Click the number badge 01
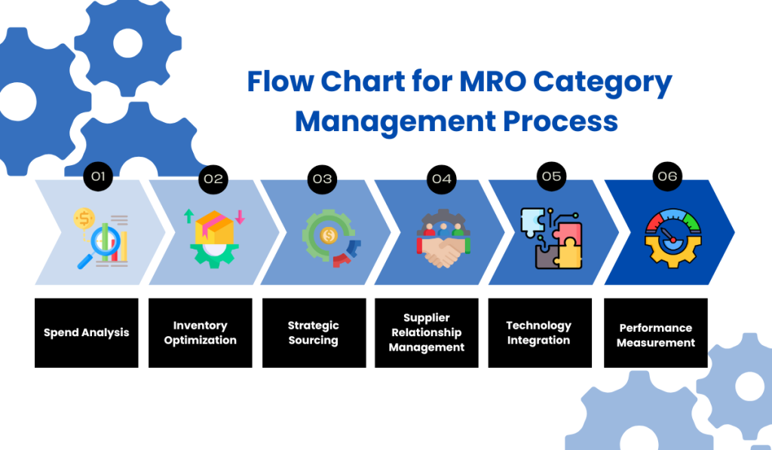[97, 177]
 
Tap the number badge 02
[213, 179]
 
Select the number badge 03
[322, 179]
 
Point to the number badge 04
[441, 179]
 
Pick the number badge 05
[552, 176]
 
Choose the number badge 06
[667, 176]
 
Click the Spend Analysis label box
[86, 332]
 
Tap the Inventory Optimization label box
[200, 332]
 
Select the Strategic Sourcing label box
[314, 332]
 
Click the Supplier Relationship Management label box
[427, 332]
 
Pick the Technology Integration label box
[539, 332]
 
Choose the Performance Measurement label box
[656, 332]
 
